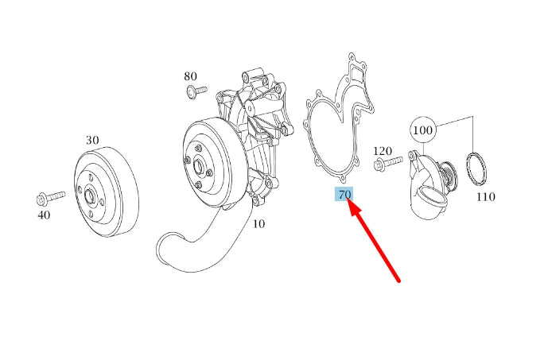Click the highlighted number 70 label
pyautogui.click(x=344, y=195)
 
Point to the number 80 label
pyautogui.click(x=190, y=76)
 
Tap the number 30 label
pyautogui.click(x=92, y=141)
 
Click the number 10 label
pyautogui.click(x=258, y=224)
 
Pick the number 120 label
pyautogui.click(x=383, y=151)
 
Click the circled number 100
pyautogui.click(x=423, y=129)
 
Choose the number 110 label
pyautogui.click(x=485, y=195)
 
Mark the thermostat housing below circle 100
pyautogui.click(x=428, y=188)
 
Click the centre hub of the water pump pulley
pyautogui.click(x=200, y=168)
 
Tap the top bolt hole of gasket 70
pyautogui.click(x=352, y=58)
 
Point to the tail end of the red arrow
pyautogui.click(x=399, y=280)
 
